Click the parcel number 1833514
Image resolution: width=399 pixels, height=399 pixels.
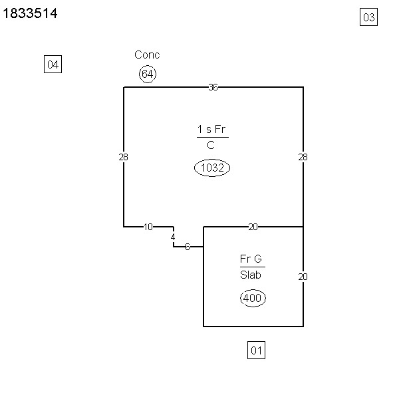[x=30, y=13]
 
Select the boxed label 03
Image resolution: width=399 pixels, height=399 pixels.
[x=368, y=17]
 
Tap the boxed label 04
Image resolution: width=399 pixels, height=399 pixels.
[x=53, y=64]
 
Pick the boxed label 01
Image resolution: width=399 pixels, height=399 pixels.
[x=256, y=350]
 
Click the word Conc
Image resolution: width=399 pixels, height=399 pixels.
[x=147, y=55]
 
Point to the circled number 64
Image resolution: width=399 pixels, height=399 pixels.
[x=148, y=74]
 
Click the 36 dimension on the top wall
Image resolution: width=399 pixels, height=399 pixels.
[x=213, y=87]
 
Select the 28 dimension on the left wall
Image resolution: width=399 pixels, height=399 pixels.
[x=124, y=157]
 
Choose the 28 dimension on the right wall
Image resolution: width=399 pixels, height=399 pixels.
[x=303, y=157]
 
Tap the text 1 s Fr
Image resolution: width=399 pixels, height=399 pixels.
[x=211, y=129]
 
